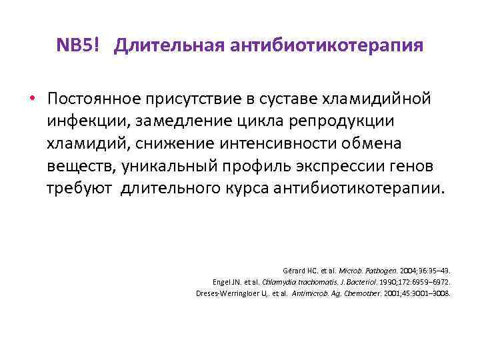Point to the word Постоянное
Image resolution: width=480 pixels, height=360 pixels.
91,99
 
